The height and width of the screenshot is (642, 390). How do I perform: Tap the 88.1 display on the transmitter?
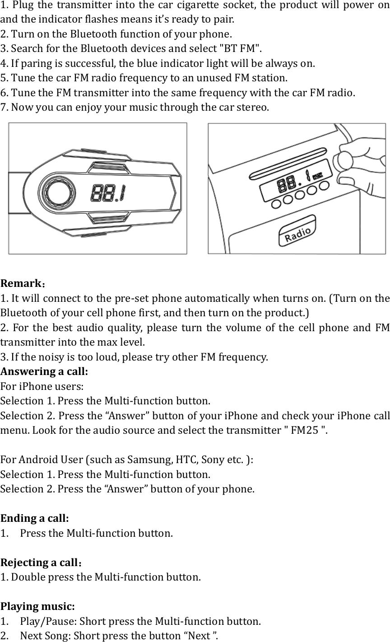click(x=109, y=194)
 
